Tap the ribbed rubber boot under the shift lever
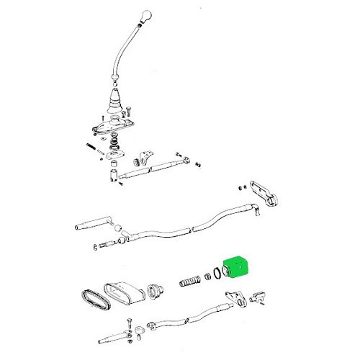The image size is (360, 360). click(114, 107)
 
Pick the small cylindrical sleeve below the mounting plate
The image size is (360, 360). click(112, 174)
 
